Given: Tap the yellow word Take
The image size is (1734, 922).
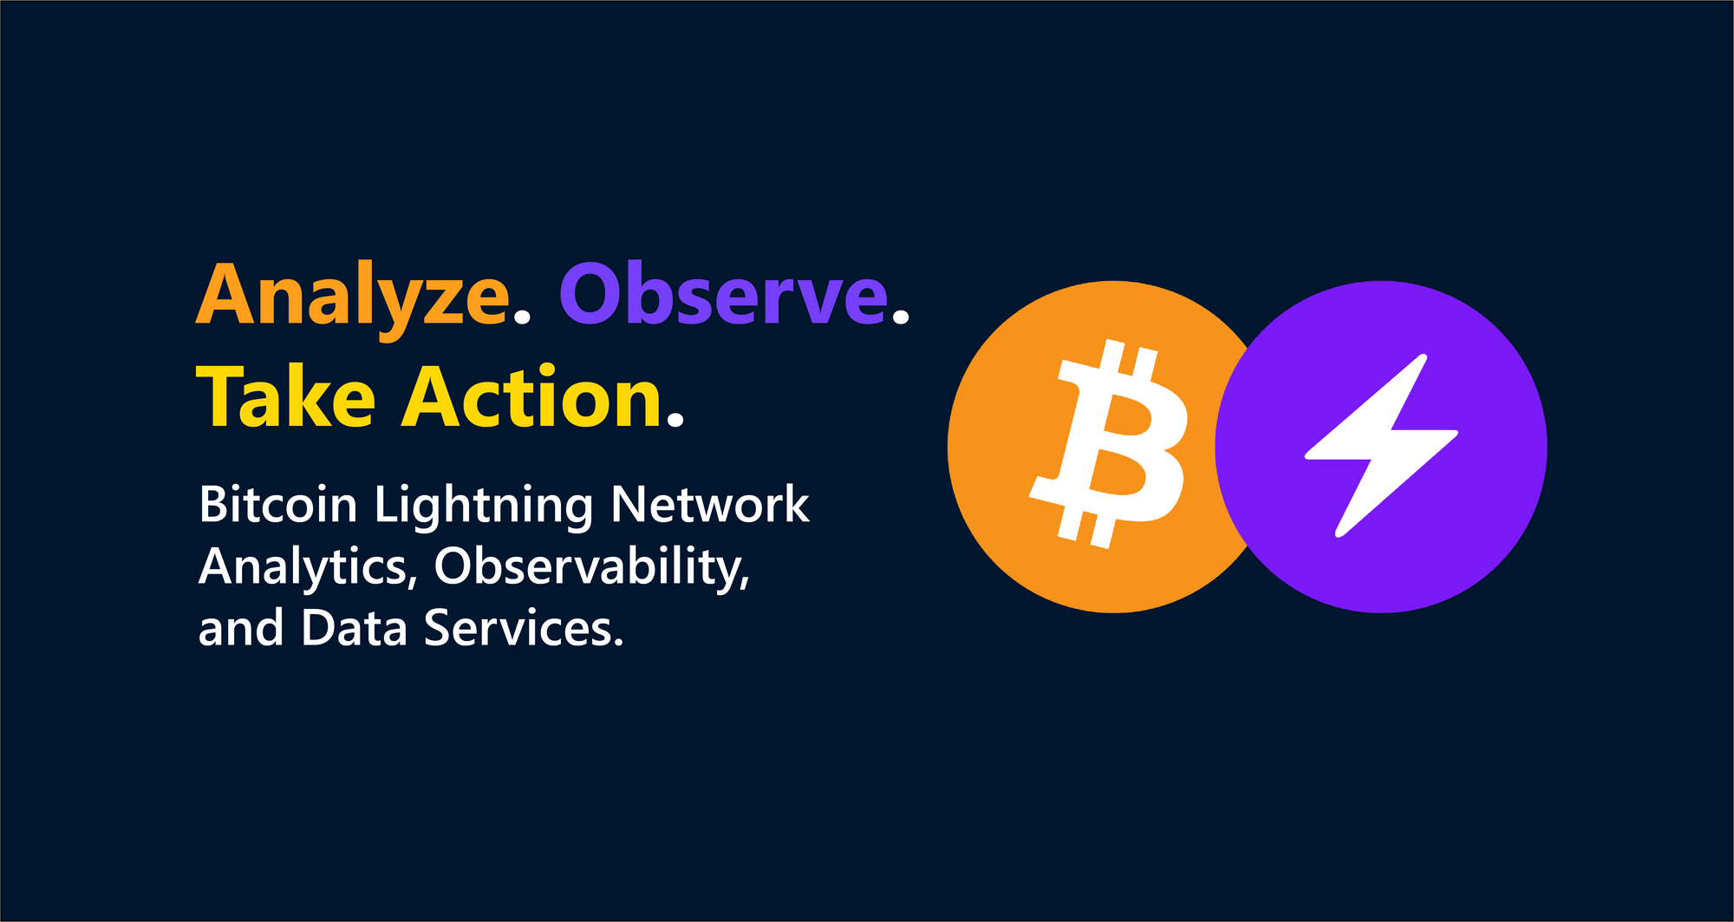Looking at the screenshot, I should (286, 398).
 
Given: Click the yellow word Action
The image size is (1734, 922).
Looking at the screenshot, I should (531, 398).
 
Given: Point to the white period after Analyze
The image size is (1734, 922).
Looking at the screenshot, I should (521, 317).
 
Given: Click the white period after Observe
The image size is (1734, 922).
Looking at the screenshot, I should (901, 317).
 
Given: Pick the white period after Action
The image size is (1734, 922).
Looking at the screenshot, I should (676, 421).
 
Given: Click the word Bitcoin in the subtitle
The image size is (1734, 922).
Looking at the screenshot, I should (277, 505).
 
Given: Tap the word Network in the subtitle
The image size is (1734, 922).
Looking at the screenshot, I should (710, 505).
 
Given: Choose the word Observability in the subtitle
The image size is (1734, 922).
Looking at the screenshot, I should (590, 567).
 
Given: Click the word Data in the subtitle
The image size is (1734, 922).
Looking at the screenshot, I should (354, 628).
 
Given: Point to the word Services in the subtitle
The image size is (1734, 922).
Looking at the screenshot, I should (522, 628).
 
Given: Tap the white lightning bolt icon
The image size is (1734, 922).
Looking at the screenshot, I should (1380, 445).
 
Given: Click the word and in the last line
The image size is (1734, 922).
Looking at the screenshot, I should (240, 628).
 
